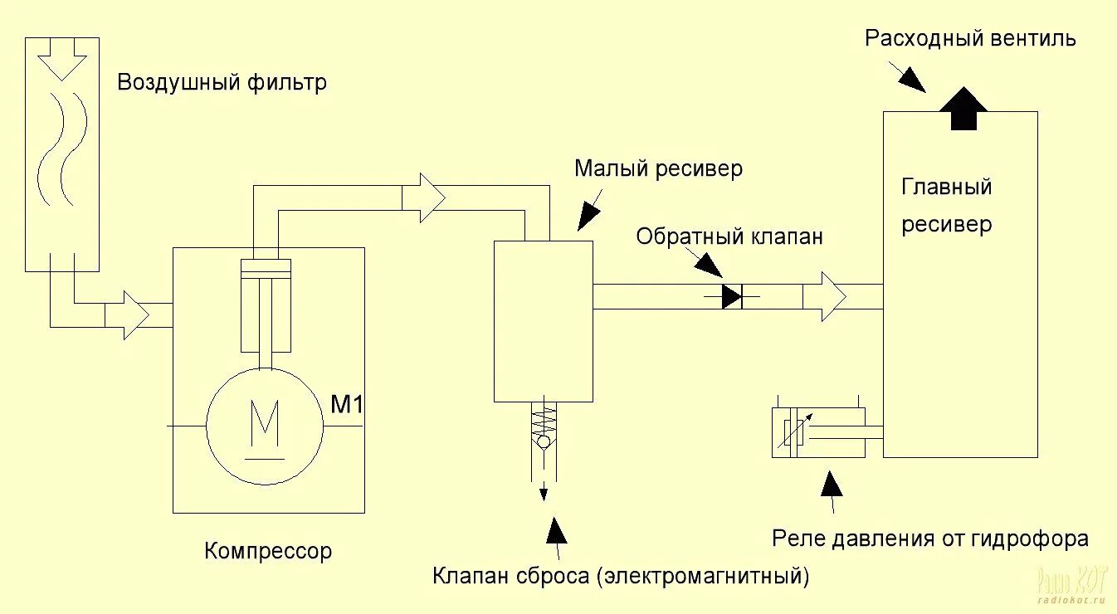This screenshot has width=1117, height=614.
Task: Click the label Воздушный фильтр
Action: [x=222, y=83]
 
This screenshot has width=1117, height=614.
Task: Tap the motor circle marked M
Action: [x=265, y=426]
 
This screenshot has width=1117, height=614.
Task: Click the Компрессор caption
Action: [x=267, y=551]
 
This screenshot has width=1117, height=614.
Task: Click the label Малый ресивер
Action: [x=658, y=169]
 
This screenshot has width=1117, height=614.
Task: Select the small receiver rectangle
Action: [x=543, y=321]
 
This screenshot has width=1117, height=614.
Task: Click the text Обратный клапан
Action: [x=729, y=236]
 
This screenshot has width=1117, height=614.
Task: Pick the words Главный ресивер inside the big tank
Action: [x=947, y=205]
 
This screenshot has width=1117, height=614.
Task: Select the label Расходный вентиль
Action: [x=970, y=39]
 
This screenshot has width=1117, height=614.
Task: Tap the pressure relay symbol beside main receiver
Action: [x=819, y=432]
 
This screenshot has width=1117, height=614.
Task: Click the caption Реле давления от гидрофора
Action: [x=929, y=538]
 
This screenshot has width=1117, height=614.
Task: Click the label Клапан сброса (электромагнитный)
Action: [x=620, y=576]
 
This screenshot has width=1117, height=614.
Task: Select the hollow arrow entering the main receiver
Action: [x=825, y=296]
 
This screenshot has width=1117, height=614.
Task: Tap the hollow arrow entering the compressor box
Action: [x=128, y=315]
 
